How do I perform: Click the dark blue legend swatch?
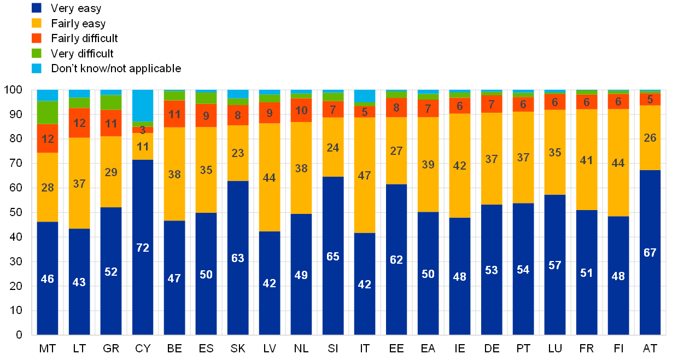point(37,8)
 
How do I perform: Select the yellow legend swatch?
point(37,23)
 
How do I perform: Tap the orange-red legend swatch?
point(37,38)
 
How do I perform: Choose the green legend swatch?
point(37,53)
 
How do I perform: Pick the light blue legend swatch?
point(37,68)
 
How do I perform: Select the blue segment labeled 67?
point(650,252)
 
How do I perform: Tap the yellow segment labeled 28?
point(48,187)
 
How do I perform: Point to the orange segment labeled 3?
point(143,130)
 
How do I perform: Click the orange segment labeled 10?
point(301,110)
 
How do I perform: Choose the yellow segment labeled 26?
point(650,138)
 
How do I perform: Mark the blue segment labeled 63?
point(238,257)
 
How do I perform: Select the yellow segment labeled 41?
point(587,160)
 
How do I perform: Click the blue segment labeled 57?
point(555,264)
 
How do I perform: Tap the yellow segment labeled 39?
point(428,164)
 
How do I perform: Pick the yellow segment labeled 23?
point(238,153)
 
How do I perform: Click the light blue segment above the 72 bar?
point(143,105)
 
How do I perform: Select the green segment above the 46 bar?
point(48,113)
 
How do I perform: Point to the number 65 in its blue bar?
point(333,256)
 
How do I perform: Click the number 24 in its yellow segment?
point(333,147)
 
